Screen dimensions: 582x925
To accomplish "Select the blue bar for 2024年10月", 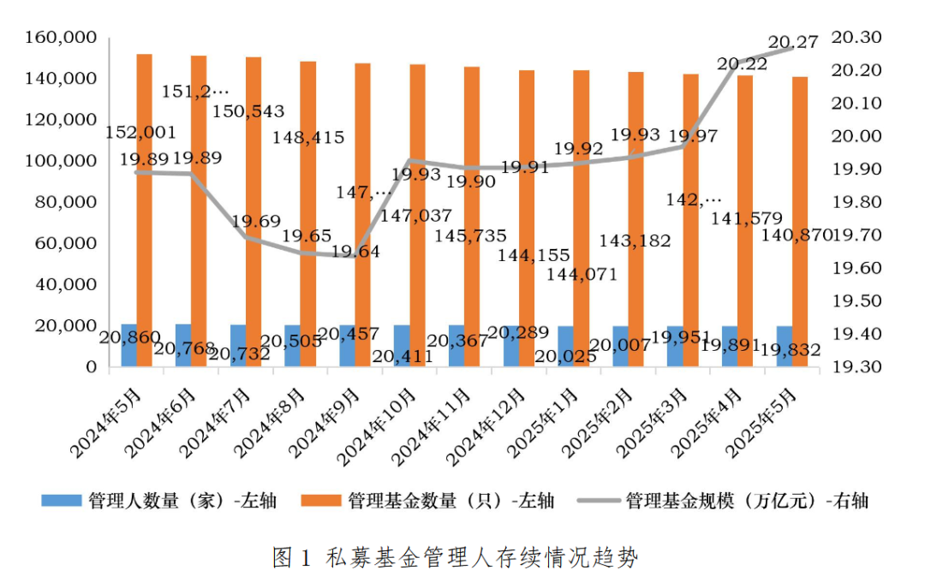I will coord(402,346).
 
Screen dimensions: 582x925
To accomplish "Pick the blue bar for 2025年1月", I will coord(566,346).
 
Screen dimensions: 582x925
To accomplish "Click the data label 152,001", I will coord(141,133).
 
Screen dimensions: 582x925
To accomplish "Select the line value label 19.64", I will coord(355,252).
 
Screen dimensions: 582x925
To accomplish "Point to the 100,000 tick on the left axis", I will coord(64,161).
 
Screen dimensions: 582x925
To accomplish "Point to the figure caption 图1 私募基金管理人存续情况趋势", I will coord(456,557).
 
